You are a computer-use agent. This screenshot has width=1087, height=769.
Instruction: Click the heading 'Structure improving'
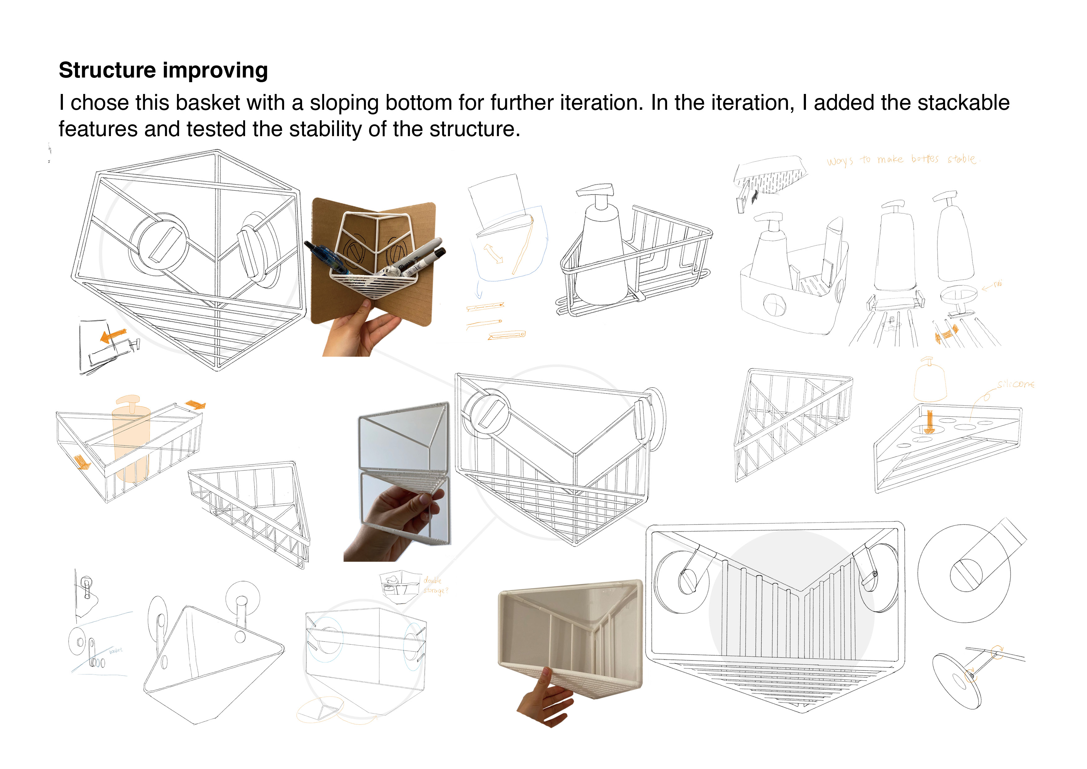tap(163, 70)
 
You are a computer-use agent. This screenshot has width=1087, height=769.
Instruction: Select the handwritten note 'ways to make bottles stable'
tap(902, 160)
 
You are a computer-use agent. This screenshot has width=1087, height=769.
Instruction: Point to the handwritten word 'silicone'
tap(1015, 384)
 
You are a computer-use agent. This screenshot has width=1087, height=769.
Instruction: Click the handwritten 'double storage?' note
tap(435, 585)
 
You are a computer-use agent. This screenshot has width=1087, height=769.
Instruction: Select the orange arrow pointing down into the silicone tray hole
tap(929, 421)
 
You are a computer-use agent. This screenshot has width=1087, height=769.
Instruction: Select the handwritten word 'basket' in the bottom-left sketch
tap(116, 651)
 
